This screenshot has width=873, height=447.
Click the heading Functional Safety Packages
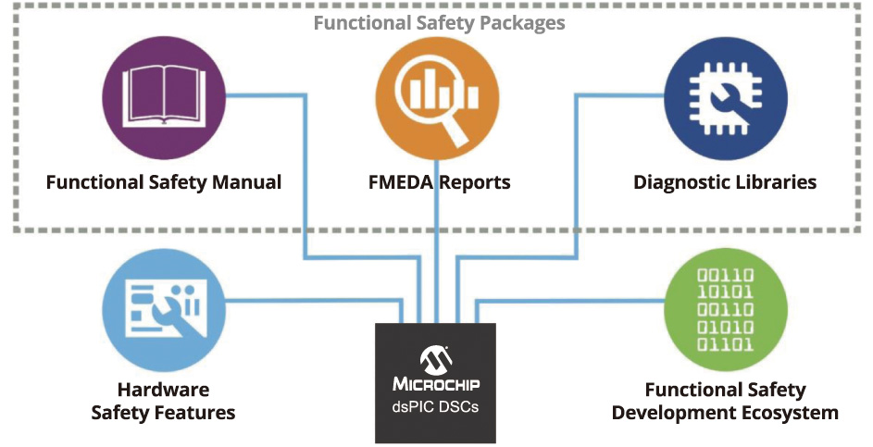[439, 22]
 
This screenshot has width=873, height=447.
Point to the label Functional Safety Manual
[164, 181]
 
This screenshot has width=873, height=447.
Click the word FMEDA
[400, 181]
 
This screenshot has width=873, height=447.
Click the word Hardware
[163, 390]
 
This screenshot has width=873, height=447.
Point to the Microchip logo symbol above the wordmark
[435, 358]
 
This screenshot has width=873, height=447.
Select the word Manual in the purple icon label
[247, 181]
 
